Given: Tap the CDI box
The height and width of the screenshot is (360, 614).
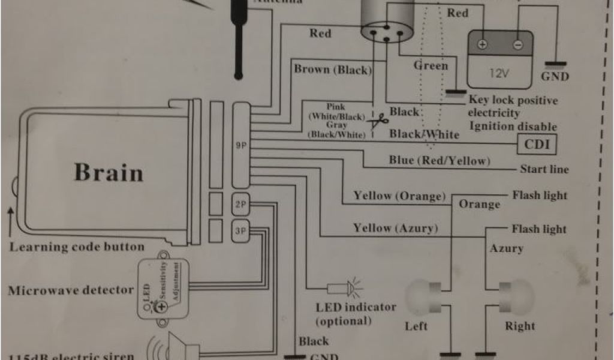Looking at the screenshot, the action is click(536, 145).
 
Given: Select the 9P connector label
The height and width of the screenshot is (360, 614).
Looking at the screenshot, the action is click(241, 145).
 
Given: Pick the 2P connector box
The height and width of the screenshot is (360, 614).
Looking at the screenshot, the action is click(240, 204).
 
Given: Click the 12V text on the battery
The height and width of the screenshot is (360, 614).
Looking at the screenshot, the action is click(499, 73).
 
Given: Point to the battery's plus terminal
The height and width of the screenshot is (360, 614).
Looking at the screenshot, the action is click(482, 45).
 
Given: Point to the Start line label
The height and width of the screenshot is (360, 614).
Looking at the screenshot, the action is click(544, 169).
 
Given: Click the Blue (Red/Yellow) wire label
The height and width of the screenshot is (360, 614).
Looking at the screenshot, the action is click(440, 160).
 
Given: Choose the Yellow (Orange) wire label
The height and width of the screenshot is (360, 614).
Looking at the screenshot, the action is click(399, 196).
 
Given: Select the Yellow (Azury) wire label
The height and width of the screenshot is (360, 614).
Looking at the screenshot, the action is click(395, 228).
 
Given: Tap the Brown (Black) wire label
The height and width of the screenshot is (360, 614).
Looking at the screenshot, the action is click(333, 69).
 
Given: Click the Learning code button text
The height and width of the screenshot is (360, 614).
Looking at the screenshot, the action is click(77, 247).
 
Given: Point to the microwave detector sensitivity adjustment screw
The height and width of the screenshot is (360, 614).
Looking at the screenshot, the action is click(161, 307).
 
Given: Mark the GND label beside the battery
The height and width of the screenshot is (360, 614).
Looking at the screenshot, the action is click(555, 77).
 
